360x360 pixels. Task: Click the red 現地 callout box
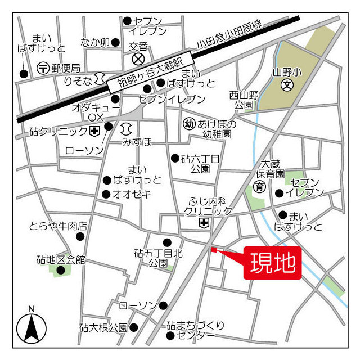(273, 263)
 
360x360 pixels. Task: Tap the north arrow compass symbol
(31, 328)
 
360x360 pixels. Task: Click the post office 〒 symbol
(43, 68)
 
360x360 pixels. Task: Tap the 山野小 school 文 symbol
(287, 86)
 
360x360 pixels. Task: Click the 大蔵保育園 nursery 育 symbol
(259, 186)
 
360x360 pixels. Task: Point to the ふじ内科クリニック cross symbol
(202, 223)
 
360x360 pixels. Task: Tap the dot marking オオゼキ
(106, 194)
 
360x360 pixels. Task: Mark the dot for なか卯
(115, 42)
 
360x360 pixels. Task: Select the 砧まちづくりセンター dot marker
(170, 336)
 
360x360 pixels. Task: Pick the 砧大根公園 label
(103, 327)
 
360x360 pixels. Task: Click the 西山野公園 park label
(244, 100)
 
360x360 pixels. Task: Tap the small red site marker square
(213, 249)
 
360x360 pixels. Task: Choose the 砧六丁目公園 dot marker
(175, 157)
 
